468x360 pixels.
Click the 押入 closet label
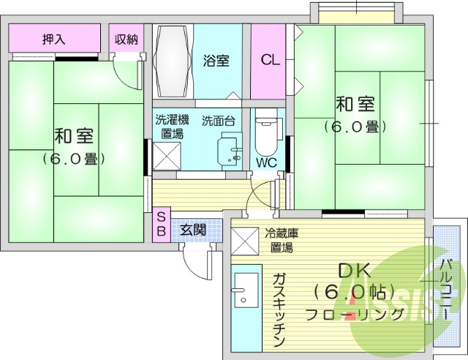coord(53,40)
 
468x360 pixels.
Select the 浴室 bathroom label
coord(216,61)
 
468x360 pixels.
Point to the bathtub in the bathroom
coord(173,61)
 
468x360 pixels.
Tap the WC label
coord(266,162)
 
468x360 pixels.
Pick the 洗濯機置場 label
coord(172,127)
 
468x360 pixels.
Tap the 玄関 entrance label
coord(193,229)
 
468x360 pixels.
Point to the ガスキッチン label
coord(279,310)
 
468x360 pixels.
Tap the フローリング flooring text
coord(354,315)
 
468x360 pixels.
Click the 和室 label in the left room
coord(73,136)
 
